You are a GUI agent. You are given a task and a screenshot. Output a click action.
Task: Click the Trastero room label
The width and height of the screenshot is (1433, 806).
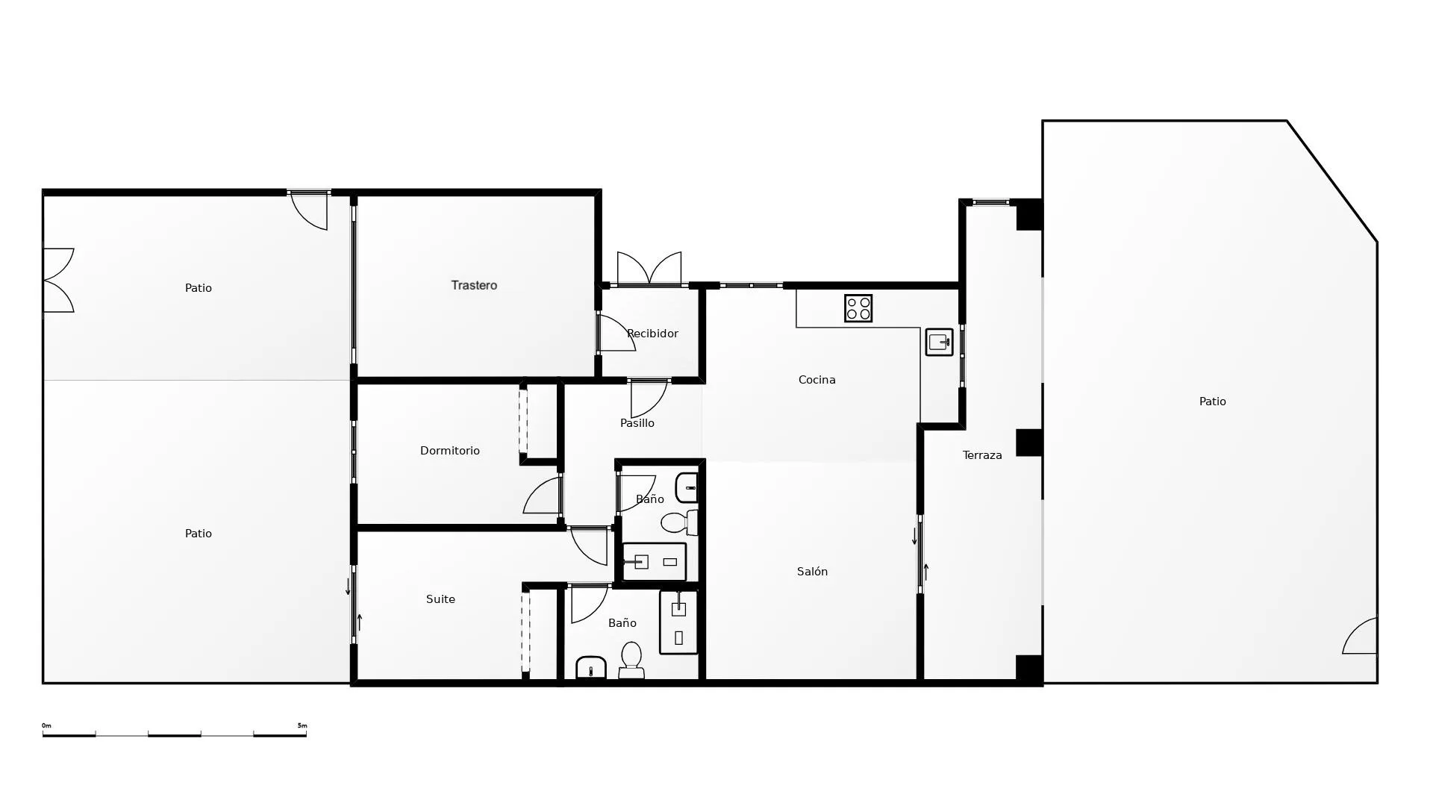pos(474,285)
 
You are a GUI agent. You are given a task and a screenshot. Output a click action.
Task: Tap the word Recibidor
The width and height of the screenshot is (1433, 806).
pos(652,334)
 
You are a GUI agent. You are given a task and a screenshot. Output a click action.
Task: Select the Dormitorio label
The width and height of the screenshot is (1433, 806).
pos(449,451)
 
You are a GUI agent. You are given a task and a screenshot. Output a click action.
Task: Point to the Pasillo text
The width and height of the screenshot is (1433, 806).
pos(637,423)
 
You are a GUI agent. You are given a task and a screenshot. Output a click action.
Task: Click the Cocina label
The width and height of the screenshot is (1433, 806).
pos(817,380)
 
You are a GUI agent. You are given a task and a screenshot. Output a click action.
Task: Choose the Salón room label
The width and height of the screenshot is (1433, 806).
pos(812,572)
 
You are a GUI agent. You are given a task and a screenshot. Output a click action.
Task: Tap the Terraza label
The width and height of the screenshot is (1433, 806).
pos(982,455)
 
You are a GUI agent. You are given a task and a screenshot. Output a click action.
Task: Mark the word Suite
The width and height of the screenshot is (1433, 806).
pos(440,599)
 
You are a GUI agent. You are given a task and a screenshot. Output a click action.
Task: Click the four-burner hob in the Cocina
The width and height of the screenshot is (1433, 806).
pos(858,308)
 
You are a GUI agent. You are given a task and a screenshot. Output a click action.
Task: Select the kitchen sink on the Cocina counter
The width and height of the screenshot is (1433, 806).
pos(939,343)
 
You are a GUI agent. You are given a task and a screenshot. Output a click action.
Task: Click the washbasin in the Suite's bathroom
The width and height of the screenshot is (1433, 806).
pos(591,668)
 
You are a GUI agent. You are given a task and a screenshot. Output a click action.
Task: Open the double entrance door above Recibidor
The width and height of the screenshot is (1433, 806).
pos(649,269)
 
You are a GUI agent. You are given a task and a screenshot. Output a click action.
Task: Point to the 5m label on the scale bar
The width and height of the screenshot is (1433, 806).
pos(302,725)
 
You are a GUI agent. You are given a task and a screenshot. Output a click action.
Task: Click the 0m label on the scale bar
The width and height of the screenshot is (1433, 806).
pos(46,725)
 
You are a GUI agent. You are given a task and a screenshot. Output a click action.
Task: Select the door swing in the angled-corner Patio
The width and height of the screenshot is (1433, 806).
pos(1360,636)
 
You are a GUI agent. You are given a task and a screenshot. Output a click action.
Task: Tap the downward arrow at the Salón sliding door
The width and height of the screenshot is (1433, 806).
pos(914,536)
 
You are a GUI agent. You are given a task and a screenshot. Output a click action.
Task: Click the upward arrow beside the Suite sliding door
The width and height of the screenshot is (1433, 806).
pos(360,622)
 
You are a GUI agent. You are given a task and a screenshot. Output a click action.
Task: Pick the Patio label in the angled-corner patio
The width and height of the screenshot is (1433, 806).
pos(1212,402)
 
